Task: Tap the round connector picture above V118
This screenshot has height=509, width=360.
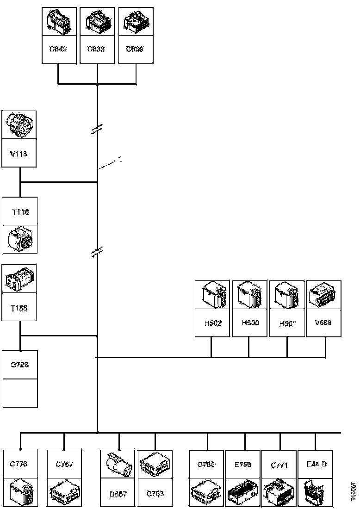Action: coord(20,124)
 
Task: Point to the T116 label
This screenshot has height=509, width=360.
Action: coord(20,212)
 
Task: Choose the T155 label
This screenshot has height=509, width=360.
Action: coord(20,309)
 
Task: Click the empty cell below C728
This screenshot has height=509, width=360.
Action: coord(20,393)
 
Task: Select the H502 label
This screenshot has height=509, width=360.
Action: coord(212,323)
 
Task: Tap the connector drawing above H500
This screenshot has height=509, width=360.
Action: coord(249,294)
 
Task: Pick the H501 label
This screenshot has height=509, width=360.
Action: coord(287,323)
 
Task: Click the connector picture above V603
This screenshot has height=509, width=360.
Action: coord(324,294)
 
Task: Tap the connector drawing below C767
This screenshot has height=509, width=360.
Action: coord(65,492)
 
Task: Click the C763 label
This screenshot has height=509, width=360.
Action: coord(155,493)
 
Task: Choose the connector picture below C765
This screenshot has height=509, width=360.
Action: coord(207,492)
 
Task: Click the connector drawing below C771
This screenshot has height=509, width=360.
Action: coord(279,492)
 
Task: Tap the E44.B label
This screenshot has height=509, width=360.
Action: coord(317,464)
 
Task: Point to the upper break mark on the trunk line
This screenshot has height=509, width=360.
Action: coord(97,130)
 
